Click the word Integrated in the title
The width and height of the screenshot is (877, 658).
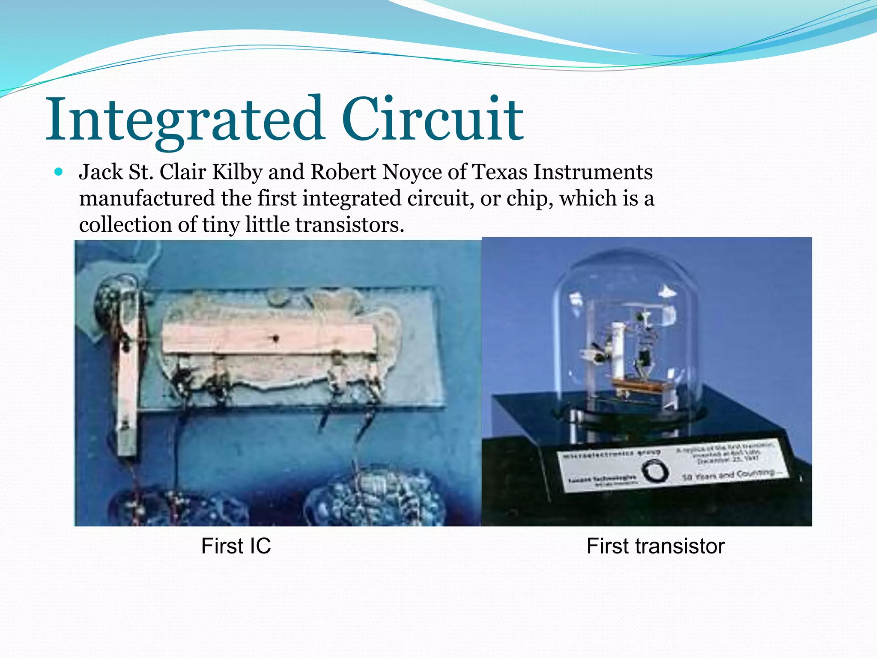click(184, 120)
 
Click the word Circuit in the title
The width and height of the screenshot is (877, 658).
click(433, 120)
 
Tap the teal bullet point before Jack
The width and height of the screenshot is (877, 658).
click(59, 173)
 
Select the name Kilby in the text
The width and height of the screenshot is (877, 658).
click(237, 172)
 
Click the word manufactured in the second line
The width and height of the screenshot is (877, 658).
click(147, 199)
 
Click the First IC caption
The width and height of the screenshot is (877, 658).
click(236, 546)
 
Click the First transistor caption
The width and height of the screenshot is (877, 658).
click(655, 546)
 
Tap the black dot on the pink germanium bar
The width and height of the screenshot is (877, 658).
click(276, 338)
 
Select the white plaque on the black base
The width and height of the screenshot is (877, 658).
click(668, 467)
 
